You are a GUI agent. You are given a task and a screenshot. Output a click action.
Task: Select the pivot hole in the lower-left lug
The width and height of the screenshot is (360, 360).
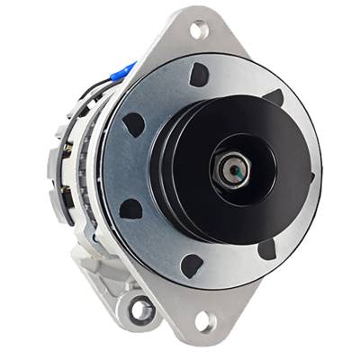pyautogui.click(x=141, y=310)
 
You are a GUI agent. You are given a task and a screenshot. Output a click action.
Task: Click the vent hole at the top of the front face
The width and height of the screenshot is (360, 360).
pyautogui.click(x=199, y=76)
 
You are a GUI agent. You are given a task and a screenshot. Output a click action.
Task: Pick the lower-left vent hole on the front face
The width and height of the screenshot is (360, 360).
pyautogui.click(x=131, y=209)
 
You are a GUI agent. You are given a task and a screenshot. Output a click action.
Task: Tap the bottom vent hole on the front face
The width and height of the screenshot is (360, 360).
pyautogui.click(x=191, y=265)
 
